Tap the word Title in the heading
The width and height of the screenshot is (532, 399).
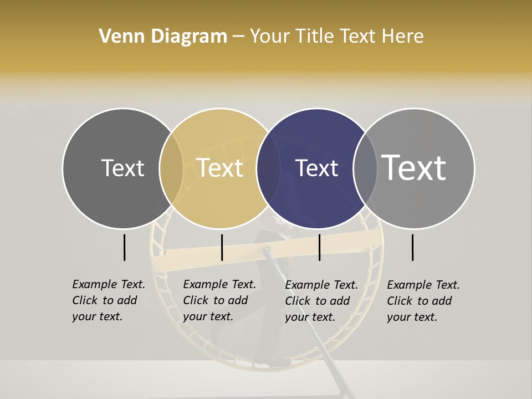(x=315, y=36)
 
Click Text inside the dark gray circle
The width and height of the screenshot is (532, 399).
(x=122, y=168)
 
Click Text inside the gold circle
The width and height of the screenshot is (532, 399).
(x=220, y=168)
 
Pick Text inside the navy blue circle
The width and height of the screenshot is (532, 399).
(x=317, y=168)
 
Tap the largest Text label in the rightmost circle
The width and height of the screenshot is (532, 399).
(x=414, y=167)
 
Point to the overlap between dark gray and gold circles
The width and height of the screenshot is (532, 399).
(x=171, y=168)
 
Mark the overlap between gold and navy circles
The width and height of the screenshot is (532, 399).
(x=268, y=168)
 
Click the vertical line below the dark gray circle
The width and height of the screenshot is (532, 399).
(x=125, y=247)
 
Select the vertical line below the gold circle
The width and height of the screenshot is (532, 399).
(x=222, y=247)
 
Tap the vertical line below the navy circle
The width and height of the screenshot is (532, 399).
(x=320, y=247)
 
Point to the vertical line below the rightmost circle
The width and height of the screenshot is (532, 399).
(x=413, y=247)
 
